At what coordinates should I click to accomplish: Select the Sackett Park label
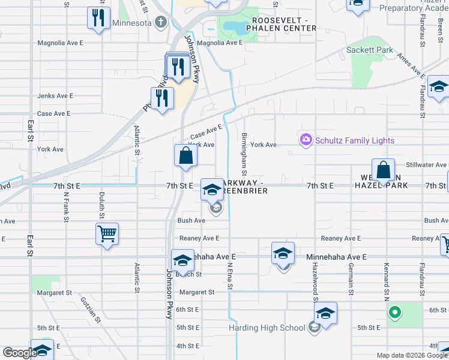370,50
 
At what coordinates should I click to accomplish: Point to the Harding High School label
267,328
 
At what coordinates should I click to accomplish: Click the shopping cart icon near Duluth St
107,234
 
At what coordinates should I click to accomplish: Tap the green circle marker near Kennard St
394,312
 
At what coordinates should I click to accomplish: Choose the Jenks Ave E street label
55,95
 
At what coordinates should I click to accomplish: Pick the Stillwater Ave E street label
427,164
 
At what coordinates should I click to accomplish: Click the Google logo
20,352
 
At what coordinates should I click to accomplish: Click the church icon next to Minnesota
160,23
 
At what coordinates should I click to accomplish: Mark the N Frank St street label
65,208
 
